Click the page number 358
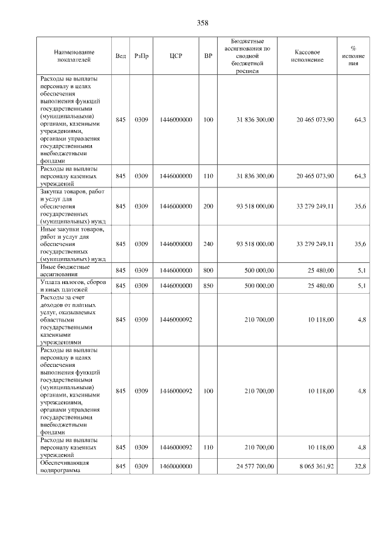click(x=203, y=23)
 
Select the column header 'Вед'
click(x=120, y=56)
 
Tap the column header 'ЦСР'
click(x=176, y=56)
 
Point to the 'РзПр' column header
click(x=141, y=56)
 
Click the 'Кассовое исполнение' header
click(x=311, y=56)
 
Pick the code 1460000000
click(x=176, y=466)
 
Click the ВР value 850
click(x=208, y=285)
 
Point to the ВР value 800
click(x=208, y=270)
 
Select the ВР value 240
click(x=208, y=244)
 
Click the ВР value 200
click(x=208, y=206)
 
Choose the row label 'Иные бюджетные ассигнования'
click(x=65, y=270)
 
